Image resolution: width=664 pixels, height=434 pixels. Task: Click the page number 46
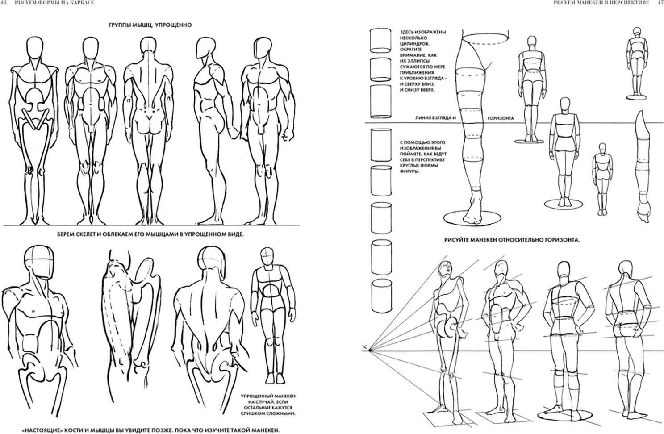click(x=4, y=3)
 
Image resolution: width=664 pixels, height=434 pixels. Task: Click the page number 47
click(x=661, y=3)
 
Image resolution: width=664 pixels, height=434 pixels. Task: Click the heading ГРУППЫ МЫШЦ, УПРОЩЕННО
click(x=150, y=25)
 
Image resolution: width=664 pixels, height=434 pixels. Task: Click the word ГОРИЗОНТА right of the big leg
click(x=501, y=118)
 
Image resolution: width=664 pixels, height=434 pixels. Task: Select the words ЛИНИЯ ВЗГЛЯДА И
click(x=435, y=118)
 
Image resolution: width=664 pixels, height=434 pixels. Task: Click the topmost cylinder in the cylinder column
click(x=380, y=40)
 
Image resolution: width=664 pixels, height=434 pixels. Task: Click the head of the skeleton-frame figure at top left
click(x=34, y=47)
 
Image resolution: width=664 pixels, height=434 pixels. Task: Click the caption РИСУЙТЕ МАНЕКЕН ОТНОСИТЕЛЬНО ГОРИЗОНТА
click(x=512, y=240)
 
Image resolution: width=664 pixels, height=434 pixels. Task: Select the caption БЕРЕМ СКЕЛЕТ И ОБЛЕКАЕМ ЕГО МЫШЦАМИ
click(x=150, y=234)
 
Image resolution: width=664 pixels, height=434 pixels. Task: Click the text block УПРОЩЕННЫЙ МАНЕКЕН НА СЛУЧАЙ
click(x=268, y=405)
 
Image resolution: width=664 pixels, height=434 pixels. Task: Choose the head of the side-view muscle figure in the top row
click(x=205, y=49)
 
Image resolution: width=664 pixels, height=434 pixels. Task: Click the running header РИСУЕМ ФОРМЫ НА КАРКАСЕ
click(x=54, y=3)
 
